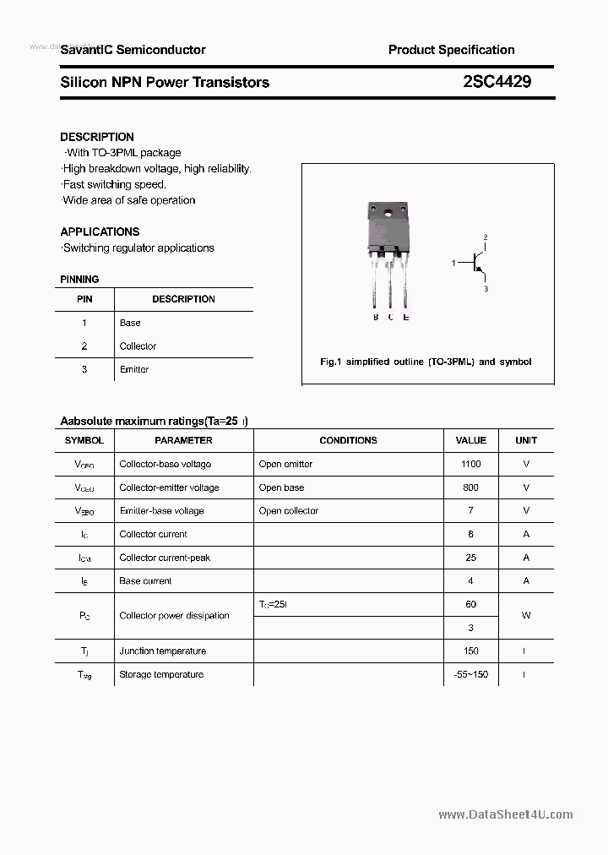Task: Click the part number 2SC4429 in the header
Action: [x=497, y=82]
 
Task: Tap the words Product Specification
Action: [x=451, y=50]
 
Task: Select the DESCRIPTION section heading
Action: [x=97, y=137]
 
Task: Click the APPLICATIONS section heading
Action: [x=100, y=231]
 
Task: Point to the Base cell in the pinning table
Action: [x=130, y=323]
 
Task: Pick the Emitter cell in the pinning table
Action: [x=134, y=369]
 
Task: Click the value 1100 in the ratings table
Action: [x=470, y=464]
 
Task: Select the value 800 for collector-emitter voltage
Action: [x=470, y=487]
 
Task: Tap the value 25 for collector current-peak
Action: [x=470, y=558]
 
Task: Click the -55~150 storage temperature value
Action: [x=470, y=674]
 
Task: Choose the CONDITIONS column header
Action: [x=348, y=440]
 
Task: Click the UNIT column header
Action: [x=526, y=440]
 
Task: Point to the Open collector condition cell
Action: [x=289, y=511]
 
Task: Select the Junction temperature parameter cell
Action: [x=163, y=651]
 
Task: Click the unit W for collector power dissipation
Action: [x=526, y=616]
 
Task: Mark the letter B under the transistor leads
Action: [x=376, y=318]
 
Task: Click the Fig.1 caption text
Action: [x=426, y=362]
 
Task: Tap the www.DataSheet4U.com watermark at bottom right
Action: [x=506, y=815]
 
